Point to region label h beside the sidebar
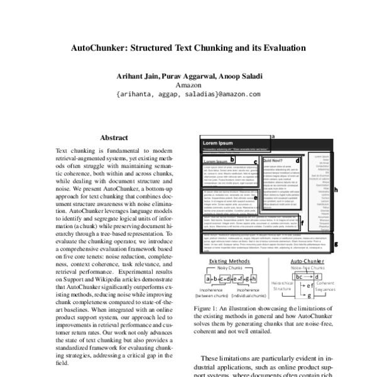(336, 190)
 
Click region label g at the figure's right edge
(336, 243)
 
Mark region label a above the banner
(272, 134)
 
